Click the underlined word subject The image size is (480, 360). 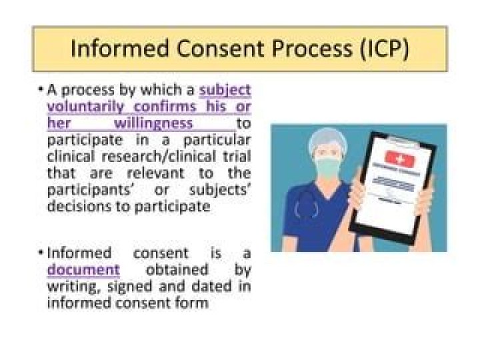tap(225, 90)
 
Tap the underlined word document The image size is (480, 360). tap(83, 270)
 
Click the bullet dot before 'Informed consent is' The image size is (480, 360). tap(41, 254)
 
